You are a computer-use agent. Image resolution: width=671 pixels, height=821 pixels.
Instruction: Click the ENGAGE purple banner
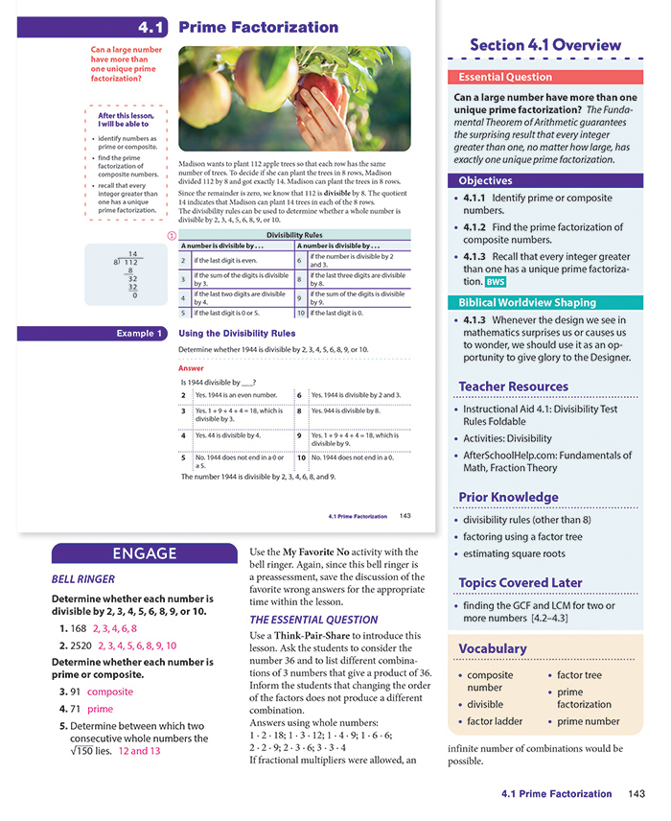click(144, 553)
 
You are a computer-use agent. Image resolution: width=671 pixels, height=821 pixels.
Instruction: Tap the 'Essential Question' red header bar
click(544, 77)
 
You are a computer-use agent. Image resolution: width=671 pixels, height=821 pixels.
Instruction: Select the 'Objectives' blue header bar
click(544, 180)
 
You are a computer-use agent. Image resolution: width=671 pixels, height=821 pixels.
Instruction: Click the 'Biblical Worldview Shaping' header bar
click(544, 302)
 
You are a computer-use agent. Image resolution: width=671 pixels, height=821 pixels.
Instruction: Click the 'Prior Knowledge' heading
click(508, 497)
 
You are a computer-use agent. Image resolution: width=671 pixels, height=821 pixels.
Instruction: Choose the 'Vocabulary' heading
click(493, 648)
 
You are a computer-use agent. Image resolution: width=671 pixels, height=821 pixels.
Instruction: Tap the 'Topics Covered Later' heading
click(521, 582)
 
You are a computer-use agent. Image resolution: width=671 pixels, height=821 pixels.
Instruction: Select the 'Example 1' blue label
click(133, 333)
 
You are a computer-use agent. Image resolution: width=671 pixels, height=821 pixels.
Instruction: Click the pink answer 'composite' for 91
click(109, 692)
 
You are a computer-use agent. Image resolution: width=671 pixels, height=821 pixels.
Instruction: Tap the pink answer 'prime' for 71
click(100, 710)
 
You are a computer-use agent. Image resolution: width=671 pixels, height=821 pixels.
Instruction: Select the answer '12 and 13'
click(139, 751)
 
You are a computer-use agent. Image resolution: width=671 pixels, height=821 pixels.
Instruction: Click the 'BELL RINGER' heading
click(82, 579)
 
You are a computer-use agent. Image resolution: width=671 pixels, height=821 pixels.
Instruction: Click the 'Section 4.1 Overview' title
click(544, 45)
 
